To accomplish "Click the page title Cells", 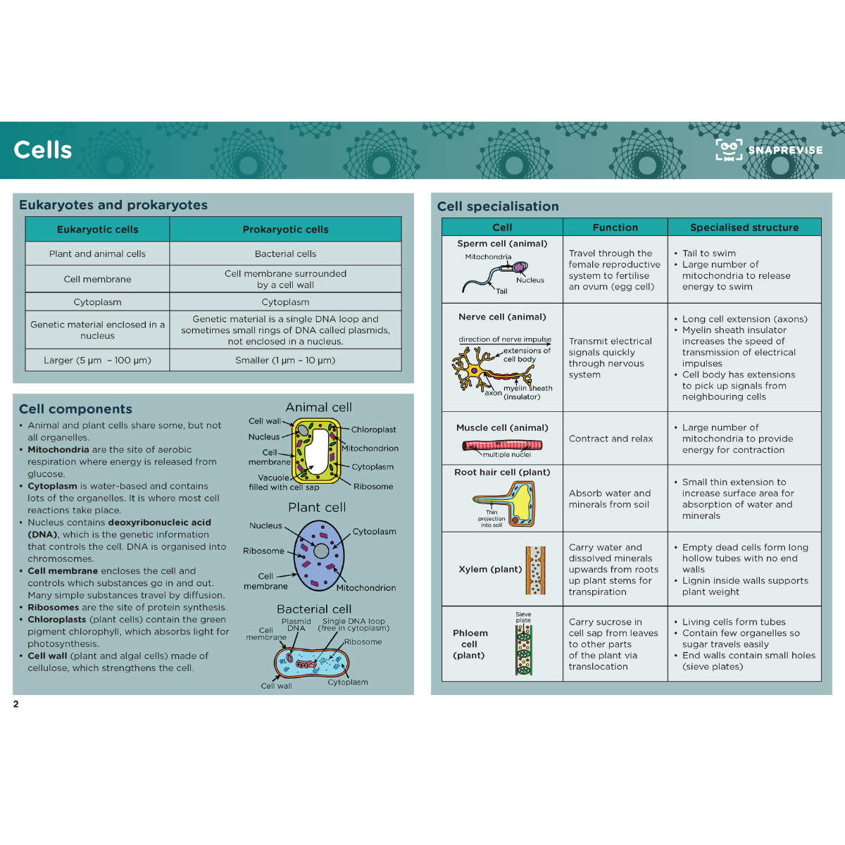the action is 42,150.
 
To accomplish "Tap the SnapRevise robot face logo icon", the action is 729,149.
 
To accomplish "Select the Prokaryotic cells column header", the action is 285,230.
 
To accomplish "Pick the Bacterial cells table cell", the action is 285,254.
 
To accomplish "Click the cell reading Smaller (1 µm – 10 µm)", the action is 285,360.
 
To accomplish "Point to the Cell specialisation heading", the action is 498,206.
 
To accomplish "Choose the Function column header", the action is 615,227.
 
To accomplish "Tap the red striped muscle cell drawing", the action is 502,446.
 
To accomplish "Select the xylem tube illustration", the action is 535,570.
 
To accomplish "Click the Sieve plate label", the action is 523,617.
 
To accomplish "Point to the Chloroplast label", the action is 373,430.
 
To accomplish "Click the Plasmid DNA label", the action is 296,625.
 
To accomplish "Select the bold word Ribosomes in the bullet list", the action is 53,607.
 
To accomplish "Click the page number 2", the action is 15,703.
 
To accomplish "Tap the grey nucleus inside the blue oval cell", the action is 321,551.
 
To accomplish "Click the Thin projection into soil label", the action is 491,518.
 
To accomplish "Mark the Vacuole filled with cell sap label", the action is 284,482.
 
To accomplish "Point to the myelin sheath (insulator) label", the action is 527,392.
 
